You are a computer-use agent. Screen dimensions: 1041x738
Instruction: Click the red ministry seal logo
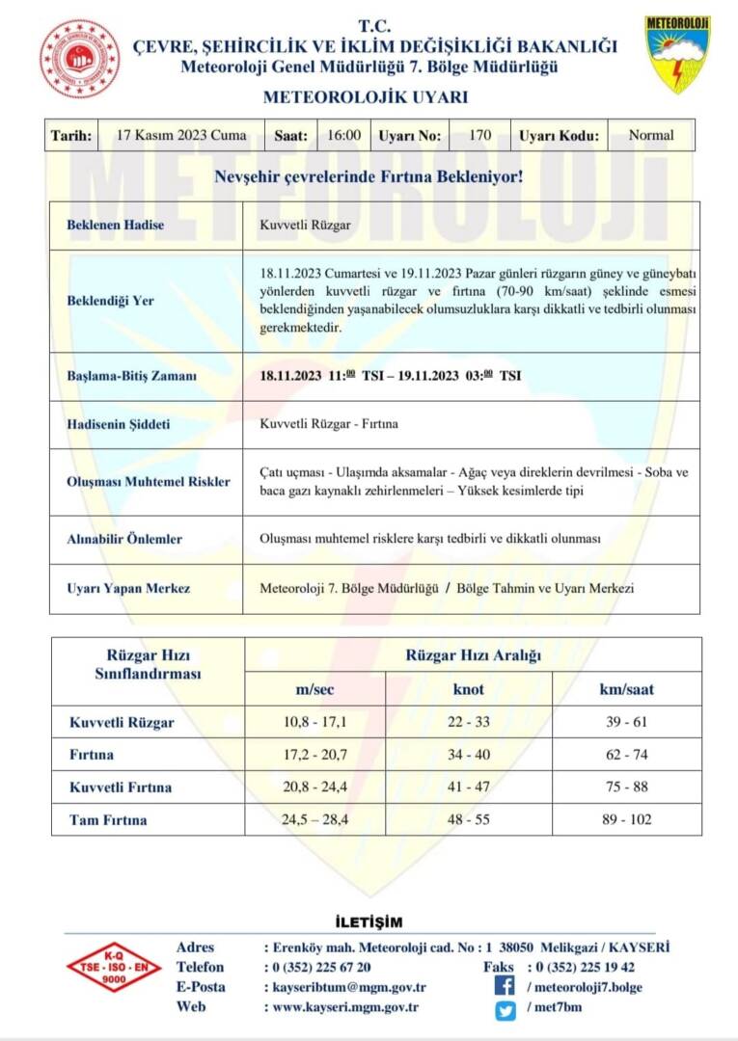[80, 59]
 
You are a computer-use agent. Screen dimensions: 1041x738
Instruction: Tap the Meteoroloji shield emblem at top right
[677, 54]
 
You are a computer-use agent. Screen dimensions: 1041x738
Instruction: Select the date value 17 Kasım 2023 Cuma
[180, 136]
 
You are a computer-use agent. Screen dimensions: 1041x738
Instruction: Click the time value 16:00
[344, 136]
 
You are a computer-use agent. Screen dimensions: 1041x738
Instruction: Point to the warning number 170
[479, 136]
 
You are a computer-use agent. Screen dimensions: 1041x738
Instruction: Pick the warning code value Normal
[651, 136]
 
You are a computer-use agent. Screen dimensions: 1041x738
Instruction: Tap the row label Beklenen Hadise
[115, 226]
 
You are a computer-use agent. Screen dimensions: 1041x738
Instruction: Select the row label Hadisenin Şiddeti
[122, 423]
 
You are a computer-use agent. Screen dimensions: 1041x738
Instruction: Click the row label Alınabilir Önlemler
[123, 540]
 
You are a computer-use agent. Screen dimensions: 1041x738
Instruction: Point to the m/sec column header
[314, 689]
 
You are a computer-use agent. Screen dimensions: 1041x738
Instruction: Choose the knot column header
[469, 689]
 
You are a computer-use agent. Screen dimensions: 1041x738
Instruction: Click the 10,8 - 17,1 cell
[314, 722]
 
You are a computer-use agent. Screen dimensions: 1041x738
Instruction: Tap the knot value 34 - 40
[469, 755]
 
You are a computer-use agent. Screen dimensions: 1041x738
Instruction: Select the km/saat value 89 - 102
[628, 819]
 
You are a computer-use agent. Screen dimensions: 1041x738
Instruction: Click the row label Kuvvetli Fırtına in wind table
[121, 787]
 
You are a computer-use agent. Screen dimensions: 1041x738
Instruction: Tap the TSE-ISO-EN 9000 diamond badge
[114, 967]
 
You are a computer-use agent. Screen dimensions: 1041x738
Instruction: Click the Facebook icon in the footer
[505, 986]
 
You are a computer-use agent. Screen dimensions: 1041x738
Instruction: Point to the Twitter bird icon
[505, 1009]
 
